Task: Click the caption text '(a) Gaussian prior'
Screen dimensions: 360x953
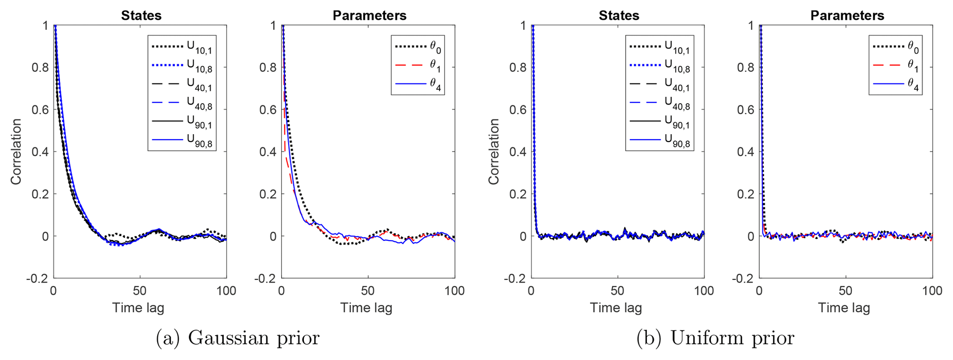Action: pos(237,338)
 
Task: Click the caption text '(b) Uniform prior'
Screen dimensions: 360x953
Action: pos(715,338)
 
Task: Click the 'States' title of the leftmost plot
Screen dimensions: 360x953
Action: pos(141,16)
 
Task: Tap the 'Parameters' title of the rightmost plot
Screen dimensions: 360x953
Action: pos(847,16)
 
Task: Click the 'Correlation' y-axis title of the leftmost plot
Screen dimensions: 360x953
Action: pos(17,152)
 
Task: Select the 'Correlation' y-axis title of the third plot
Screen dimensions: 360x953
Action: pos(494,152)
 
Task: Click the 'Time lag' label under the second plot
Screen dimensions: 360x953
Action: pos(366,308)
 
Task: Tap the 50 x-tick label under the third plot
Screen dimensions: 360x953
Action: pos(617,291)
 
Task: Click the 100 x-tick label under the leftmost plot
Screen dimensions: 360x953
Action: pos(226,291)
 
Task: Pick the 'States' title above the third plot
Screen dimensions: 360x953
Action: pos(619,16)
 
